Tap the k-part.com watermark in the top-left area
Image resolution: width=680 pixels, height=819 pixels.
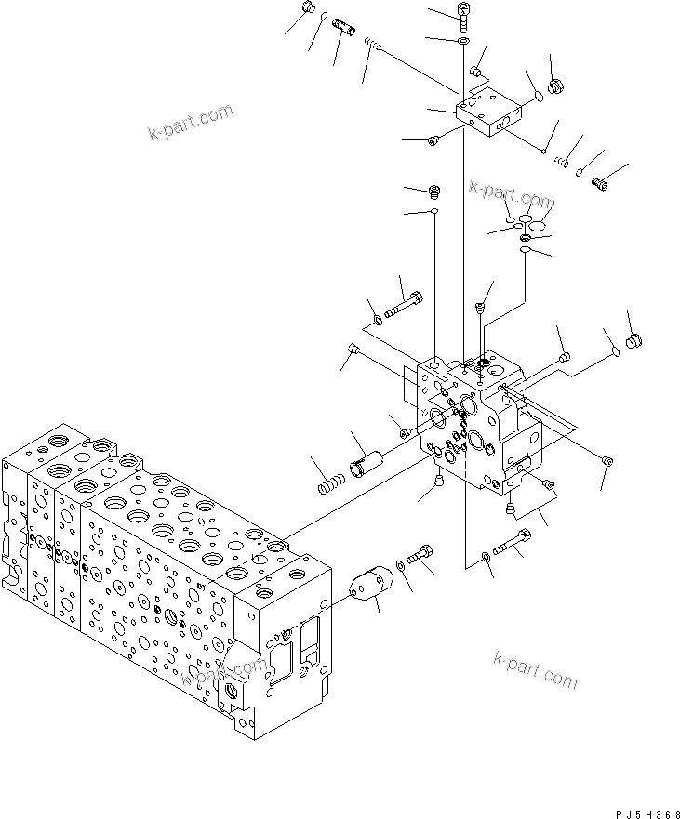[x=191, y=125]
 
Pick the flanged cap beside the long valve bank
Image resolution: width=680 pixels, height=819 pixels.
[x=369, y=587]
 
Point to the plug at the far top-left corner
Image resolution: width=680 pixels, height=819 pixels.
[x=309, y=9]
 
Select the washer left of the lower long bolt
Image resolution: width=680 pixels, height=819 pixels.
[x=487, y=557]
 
